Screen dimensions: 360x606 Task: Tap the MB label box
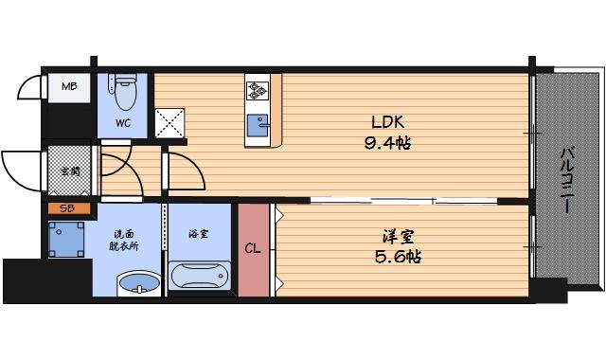pyautogui.click(x=69, y=88)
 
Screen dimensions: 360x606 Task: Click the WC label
pyautogui.click(x=124, y=122)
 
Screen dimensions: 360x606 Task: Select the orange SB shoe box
pyautogui.click(x=68, y=207)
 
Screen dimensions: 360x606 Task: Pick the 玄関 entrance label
pyautogui.click(x=69, y=171)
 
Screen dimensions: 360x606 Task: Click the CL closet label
pyautogui.click(x=253, y=250)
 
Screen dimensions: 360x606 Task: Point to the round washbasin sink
pyautogui.click(x=139, y=282)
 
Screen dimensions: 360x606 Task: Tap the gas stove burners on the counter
pyautogui.click(x=257, y=91)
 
